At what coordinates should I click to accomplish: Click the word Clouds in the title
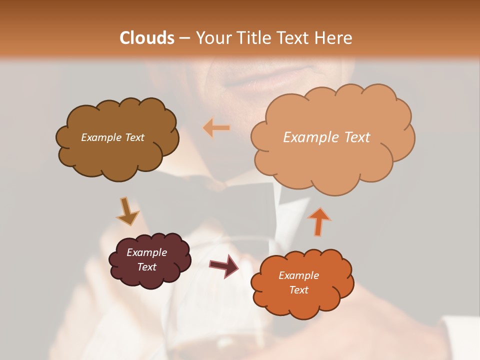tap(147, 38)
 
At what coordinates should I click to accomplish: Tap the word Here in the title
tap(333, 38)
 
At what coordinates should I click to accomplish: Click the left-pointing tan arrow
tap(216, 128)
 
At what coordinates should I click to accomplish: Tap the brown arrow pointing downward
tap(127, 211)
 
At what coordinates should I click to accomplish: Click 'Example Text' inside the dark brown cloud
tap(112, 137)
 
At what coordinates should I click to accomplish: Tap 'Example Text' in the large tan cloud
tap(326, 137)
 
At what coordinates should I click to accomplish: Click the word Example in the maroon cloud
tap(146, 252)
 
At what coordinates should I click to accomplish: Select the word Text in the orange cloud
tap(298, 290)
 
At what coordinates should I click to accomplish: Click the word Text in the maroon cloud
tap(147, 267)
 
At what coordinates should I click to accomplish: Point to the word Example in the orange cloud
tap(298, 275)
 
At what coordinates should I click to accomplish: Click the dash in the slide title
tap(184, 38)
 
